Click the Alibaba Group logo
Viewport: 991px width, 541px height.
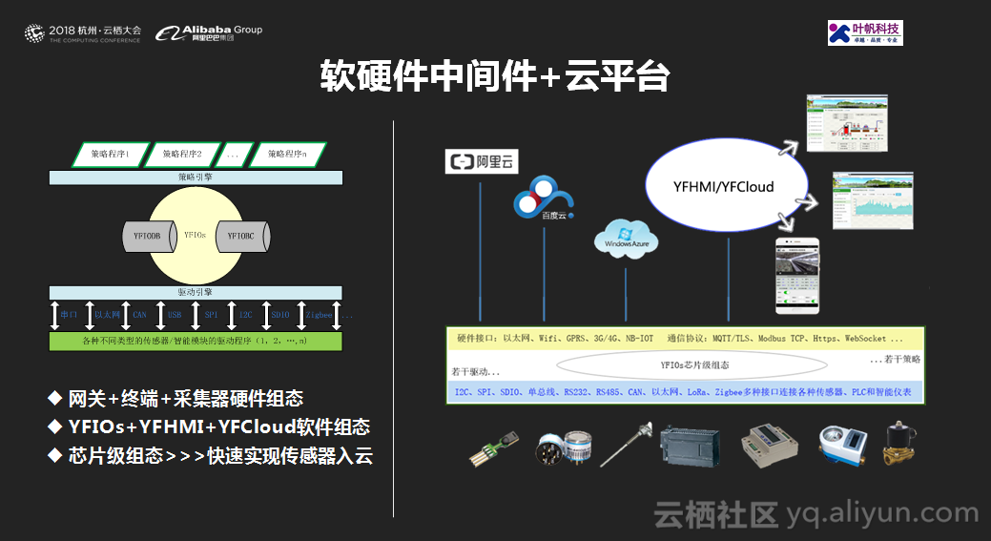pos(210,33)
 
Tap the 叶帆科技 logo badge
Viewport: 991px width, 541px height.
pos(865,33)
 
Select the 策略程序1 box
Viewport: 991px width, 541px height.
pos(111,154)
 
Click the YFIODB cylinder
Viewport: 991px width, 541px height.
pos(147,235)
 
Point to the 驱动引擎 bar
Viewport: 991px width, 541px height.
pos(196,291)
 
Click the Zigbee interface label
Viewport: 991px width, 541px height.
pos(318,314)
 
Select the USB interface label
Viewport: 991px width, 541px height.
pos(175,314)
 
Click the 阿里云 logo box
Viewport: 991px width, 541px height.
pos(482,161)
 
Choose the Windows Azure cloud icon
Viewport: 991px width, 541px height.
pos(626,239)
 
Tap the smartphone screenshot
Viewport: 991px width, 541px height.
pos(797,277)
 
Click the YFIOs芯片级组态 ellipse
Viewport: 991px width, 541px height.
pos(692,364)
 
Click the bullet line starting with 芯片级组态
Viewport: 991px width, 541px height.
pos(210,455)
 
